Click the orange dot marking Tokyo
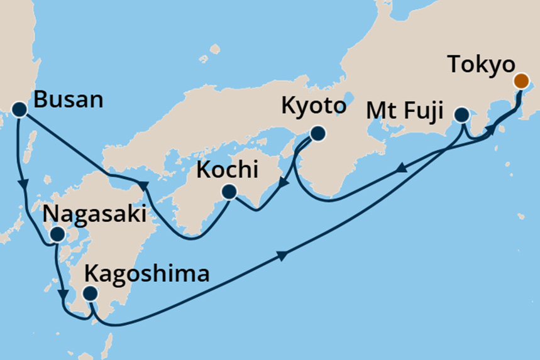(x=521, y=80)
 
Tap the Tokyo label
(x=482, y=65)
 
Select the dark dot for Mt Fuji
(x=461, y=115)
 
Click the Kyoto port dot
(x=317, y=133)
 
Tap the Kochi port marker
(x=229, y=192)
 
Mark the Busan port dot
(x=19, y=110)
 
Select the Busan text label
(x=68, y=100)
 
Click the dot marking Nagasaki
(x=57, y=235)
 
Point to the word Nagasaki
(x=94, y=214)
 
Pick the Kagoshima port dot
(x=91, y=293)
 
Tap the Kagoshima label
(x=146, y=274)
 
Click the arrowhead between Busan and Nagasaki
(x=25, y=184)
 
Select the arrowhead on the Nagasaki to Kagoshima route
(x=62, y=294)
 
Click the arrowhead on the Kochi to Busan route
(x=144, y=186)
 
